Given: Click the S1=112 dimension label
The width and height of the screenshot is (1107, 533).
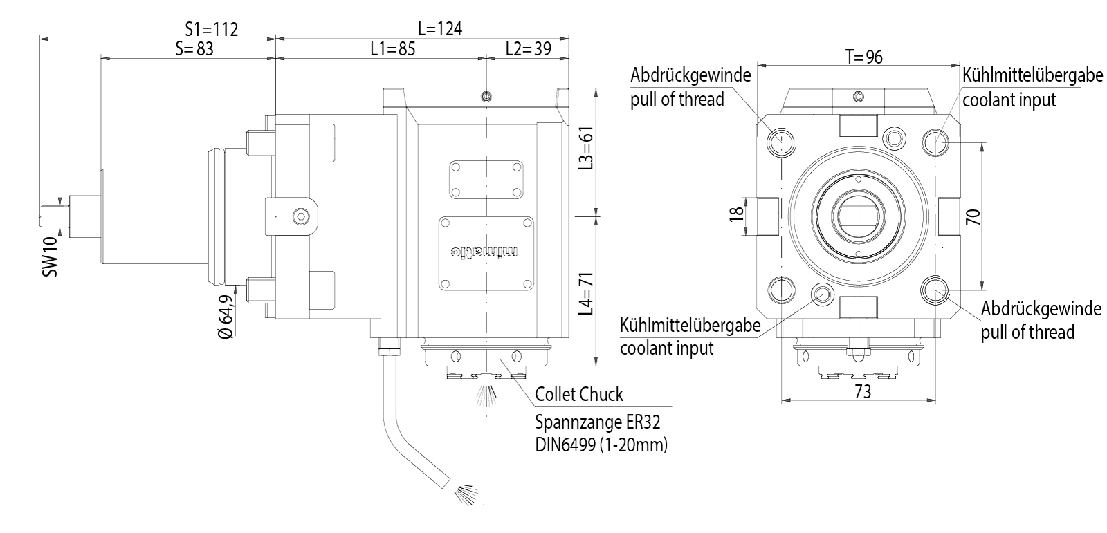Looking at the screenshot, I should pyautogui.click(x=211, y=29).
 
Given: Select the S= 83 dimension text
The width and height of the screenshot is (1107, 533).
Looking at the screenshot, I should pyautogui.click(x=194, y=48).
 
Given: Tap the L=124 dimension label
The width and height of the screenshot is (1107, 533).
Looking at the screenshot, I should pyautogui.click(x=440, y=28).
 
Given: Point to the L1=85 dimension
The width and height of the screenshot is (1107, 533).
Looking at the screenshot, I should pyautogui.click(x=392, y=48).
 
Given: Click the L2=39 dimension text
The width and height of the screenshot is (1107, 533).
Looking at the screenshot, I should pyautogui.click(x=528, y=48).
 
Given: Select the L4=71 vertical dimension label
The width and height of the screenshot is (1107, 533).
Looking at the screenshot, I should pyautogui.click(x=587, y=293).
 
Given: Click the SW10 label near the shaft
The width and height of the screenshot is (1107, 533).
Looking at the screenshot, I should pyautogui.click(x=50, y=258).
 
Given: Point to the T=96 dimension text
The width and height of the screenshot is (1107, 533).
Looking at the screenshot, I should pyautogui.click(x=864, y=57).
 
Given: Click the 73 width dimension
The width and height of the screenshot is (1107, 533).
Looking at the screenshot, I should pyautogui.click(x=862, y=391).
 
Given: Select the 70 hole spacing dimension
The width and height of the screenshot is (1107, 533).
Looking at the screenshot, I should pyautogui.click(x=973, y=217).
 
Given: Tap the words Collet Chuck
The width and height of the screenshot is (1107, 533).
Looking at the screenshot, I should pyautogui.click(x=579, y=394).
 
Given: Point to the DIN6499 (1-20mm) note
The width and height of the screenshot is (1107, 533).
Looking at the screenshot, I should pyautogui.click(x=601, y=445).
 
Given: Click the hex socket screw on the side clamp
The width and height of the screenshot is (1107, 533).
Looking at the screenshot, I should pyautogui.click(x=299, y=216).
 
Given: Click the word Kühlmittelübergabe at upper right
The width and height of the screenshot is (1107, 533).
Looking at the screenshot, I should pyautogui.click(x=1032, y=75).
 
